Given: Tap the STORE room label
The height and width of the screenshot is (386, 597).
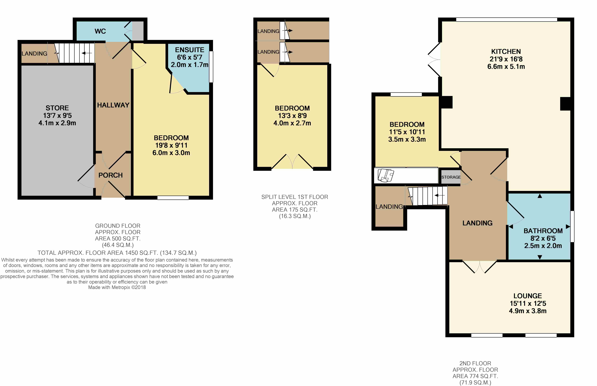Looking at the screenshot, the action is [57, 108].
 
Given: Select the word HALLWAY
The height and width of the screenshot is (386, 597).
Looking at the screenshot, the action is [113, 105].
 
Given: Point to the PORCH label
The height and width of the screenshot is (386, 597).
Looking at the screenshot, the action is [111, 175].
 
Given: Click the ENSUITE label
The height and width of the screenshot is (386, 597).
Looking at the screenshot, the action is [190, 50].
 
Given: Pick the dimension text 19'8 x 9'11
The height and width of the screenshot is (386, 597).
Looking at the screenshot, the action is [171, 145].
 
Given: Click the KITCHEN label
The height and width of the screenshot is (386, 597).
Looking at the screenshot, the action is [506, 52].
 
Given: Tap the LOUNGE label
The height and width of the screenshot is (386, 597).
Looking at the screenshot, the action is [528, 296].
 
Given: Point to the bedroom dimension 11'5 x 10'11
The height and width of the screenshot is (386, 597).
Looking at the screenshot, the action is [407, 132].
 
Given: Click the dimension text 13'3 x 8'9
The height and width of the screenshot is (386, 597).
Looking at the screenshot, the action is [292, 116].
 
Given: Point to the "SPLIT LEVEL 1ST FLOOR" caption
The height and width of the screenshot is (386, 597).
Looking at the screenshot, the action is [295, 197].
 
